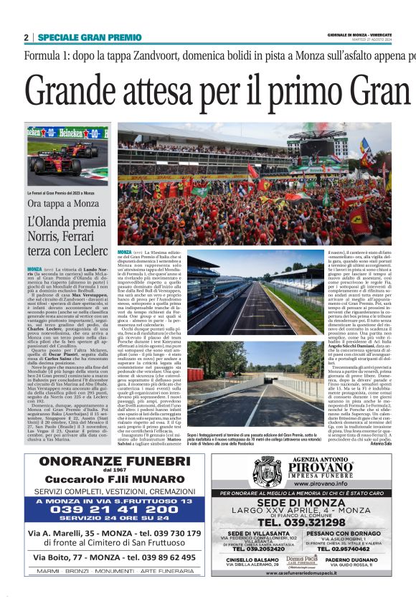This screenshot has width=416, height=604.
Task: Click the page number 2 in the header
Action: tap(26, 37)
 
